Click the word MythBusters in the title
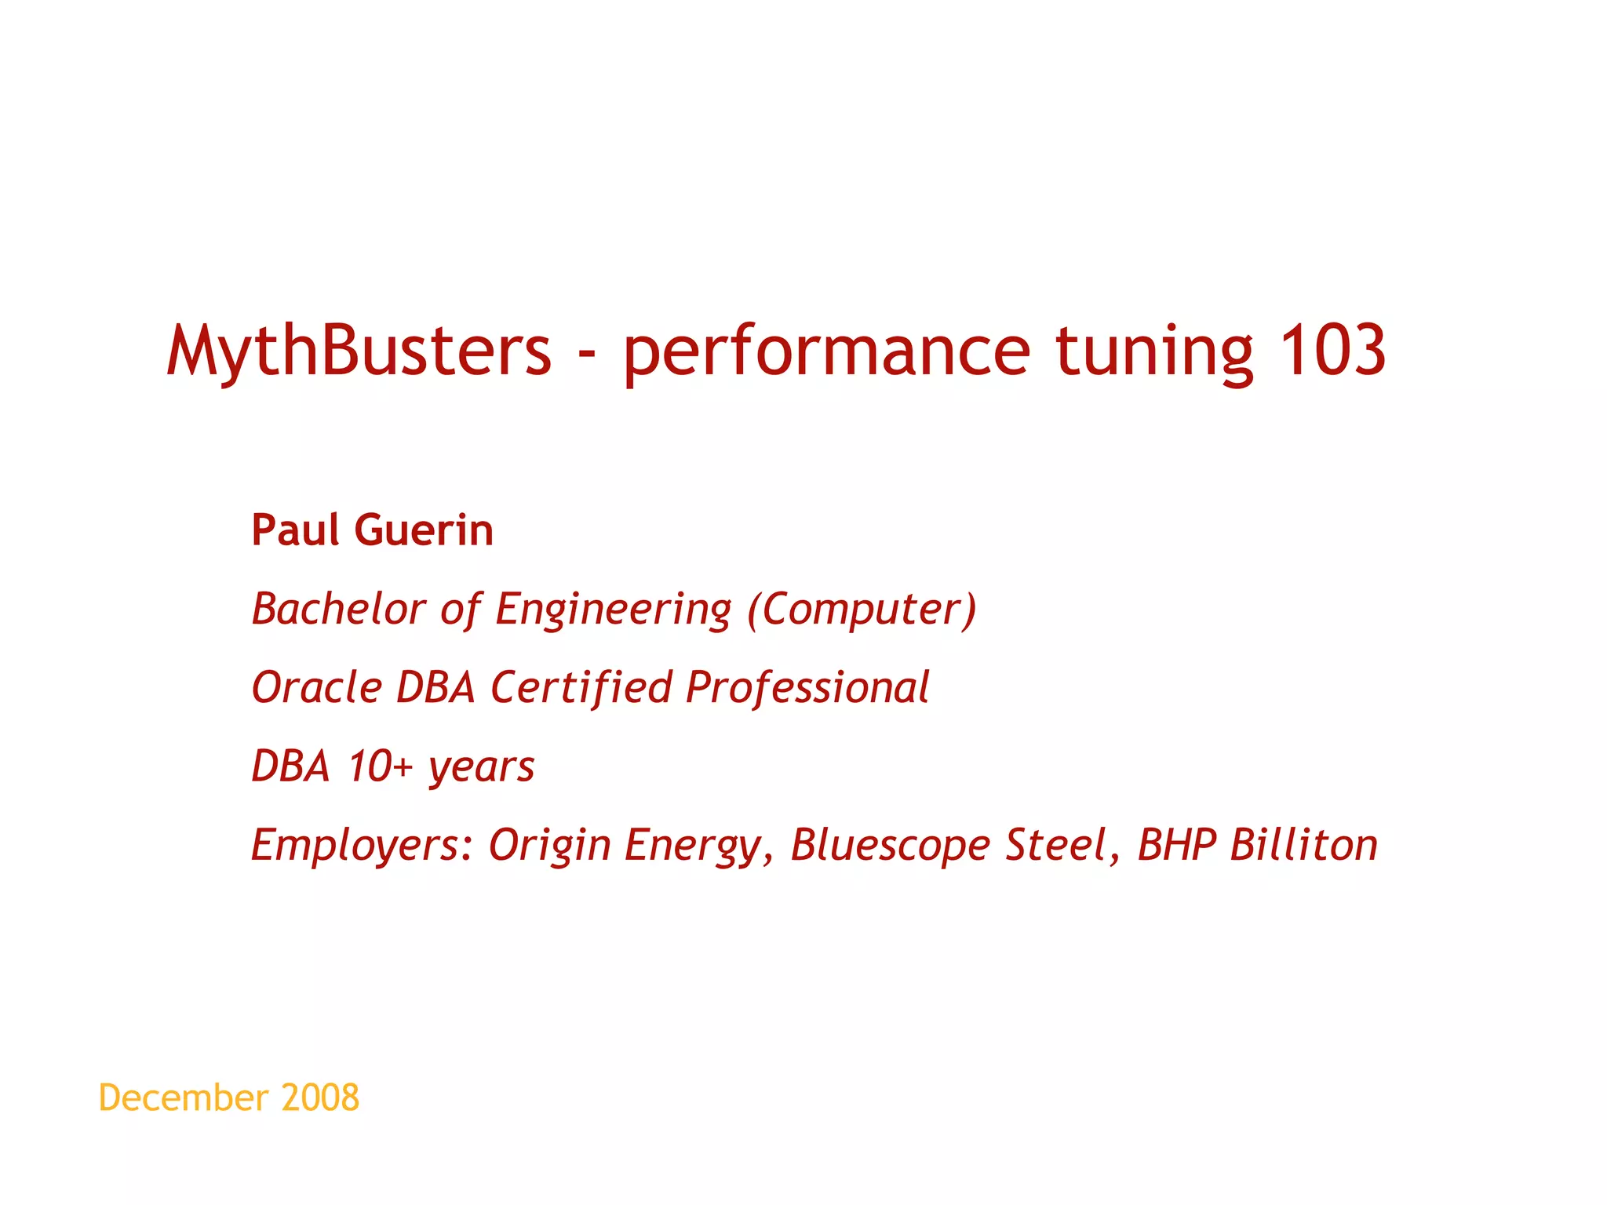[359, 351]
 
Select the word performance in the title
[825, 353]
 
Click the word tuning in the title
[1153, 353]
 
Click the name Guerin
[424, 530]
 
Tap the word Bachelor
[338, 610]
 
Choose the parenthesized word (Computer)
[862, 610]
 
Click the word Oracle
[316, 688]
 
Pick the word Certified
[581, 688]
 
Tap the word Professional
[807, 688]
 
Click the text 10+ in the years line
[380, 766]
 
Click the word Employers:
[362, 846]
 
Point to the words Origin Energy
[625, 846]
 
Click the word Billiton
[1303, 846]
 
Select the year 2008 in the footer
[320, 1098]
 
